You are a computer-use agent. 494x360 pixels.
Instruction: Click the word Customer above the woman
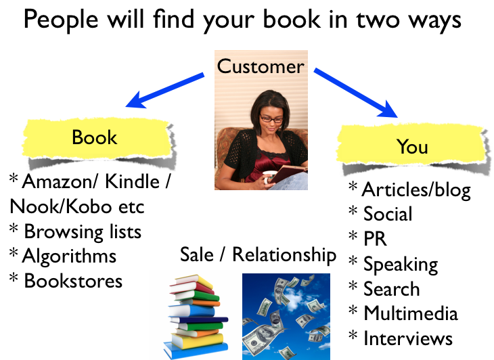[261, 66]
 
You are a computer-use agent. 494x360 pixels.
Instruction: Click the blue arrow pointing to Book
[164, 91]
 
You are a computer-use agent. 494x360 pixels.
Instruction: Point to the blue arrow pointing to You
[355, 93]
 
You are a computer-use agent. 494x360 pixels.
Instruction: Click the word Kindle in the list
[132, 181]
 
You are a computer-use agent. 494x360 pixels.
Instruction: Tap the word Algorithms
[69, 256]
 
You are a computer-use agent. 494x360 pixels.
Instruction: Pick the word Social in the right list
[388, 214]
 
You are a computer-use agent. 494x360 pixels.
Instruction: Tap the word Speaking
[401, 265]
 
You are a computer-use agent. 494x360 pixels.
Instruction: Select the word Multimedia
[411, 313]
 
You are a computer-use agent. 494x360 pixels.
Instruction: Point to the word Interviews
[408, 338]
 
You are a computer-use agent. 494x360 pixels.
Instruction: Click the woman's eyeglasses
[271, 119]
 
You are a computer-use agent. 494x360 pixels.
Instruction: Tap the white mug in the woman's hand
[269, 177]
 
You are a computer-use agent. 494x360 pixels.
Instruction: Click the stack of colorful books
[197, 316]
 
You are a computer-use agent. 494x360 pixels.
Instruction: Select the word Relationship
[284, 255]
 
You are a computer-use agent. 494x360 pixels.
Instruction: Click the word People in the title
[61, 20]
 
